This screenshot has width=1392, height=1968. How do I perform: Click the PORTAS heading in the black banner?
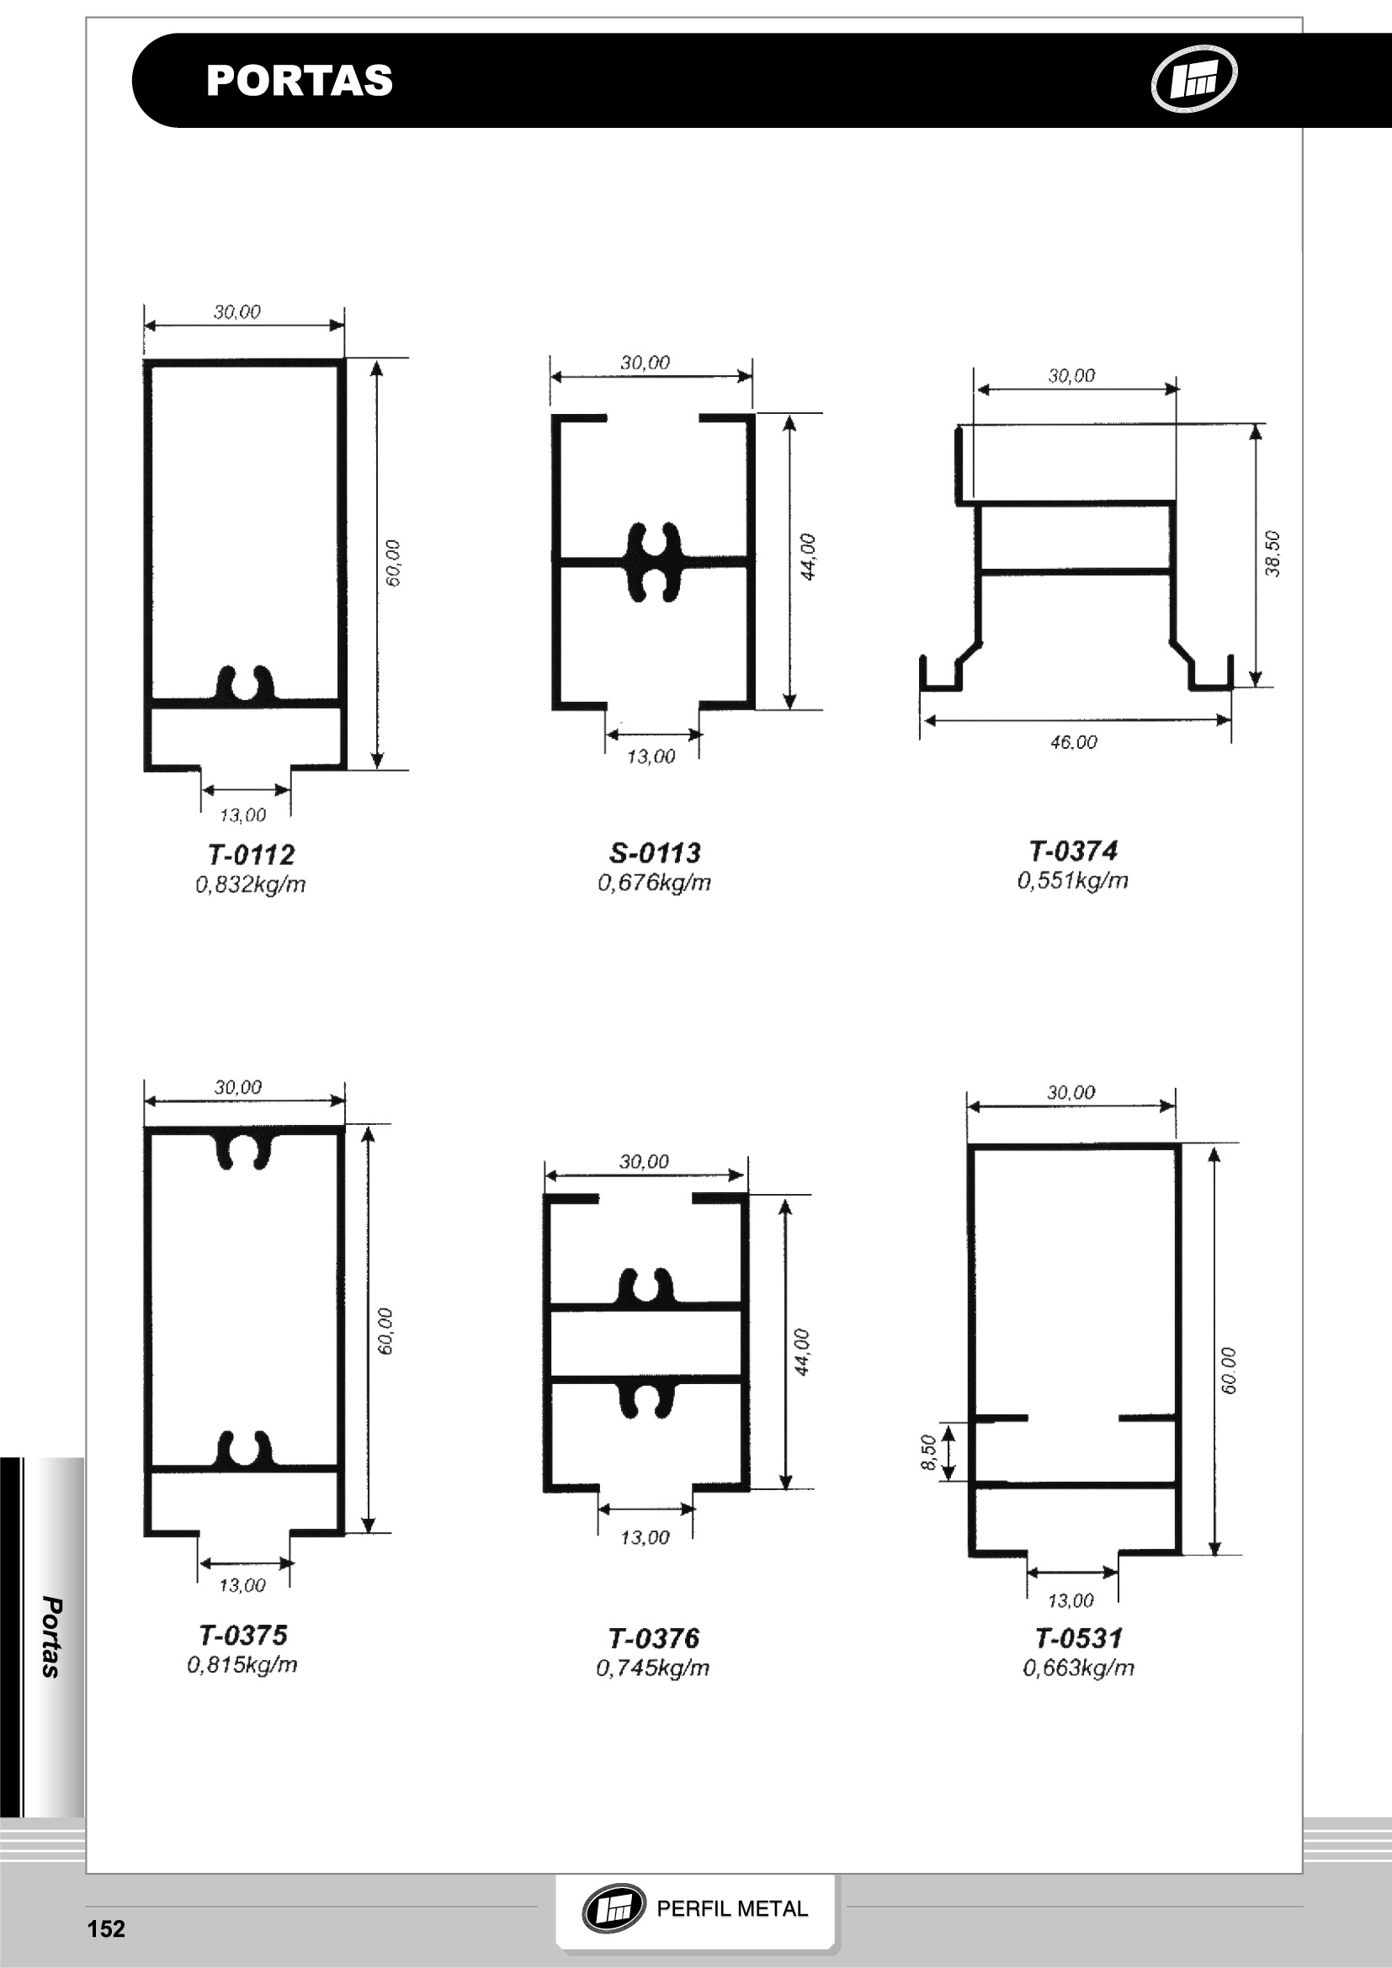pos(299,81)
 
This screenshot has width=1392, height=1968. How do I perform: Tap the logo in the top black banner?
pos(1193,79)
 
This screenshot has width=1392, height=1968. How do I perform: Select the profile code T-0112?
pos(251,855)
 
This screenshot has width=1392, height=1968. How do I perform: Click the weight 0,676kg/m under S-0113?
pos(655,882)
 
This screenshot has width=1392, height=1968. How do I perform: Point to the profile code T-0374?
pos(1073,851)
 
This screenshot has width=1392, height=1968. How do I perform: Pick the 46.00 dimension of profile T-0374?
pos(1074,742)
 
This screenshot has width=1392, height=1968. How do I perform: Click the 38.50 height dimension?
pos(1272,554)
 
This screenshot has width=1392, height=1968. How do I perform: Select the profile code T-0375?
pos(243,1635)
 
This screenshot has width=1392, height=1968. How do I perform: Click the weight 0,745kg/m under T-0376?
pos(653,1667)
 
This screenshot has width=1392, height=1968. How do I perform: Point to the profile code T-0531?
pos(1079,1638)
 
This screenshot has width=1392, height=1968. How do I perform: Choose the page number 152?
pos(106,1928)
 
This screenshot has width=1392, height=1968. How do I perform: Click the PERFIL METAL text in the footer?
pos(732,1909)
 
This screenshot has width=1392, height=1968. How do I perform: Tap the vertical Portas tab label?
pos(51,1637)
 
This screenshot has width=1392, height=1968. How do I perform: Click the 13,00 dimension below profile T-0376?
pos(646,1537)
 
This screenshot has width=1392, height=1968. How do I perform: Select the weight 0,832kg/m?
pos(251,883)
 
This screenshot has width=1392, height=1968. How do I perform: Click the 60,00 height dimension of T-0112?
pos(393,563)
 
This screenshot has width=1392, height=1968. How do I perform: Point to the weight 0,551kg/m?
pos(1073,880)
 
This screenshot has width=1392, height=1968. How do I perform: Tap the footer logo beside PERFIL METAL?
pos(614,1909)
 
